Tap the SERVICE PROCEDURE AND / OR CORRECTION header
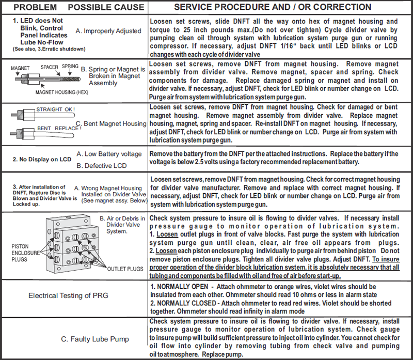(x=273, y=7)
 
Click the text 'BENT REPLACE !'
(x=56, y=128)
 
